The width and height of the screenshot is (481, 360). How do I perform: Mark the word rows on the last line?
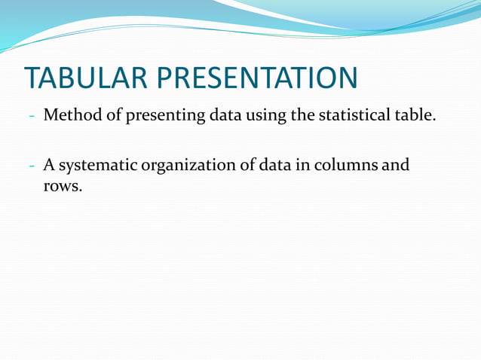click(61, 185)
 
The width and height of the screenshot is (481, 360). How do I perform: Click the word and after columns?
click(397, 164)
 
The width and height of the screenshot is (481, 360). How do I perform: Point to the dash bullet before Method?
click(32, 117)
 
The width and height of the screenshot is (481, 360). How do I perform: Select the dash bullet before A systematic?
click(32, 165)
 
